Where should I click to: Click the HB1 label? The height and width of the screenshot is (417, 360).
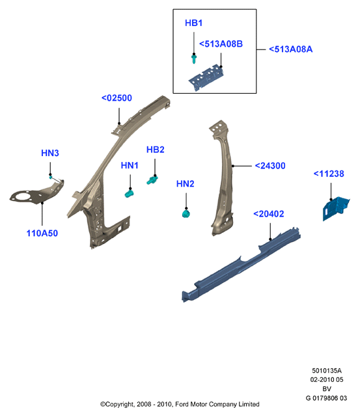click(x=194, y=23)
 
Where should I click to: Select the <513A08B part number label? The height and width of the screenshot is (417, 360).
click(x=221, y=44)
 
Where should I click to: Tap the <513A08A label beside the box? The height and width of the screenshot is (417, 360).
click(x=290, y=49)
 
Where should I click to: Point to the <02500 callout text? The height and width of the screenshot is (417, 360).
click(x=117, y=98)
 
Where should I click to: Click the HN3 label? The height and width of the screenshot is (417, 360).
click(x=50, y=153)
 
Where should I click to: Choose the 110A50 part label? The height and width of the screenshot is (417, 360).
click(x=42, y=234)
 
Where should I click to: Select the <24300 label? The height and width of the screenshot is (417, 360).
click(x=270, y=166)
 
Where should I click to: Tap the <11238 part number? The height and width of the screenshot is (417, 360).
click(x=329, y=174)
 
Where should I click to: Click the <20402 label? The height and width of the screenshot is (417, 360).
click(x=269, y=214)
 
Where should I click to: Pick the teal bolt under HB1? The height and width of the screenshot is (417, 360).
click(x=194, y=59)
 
